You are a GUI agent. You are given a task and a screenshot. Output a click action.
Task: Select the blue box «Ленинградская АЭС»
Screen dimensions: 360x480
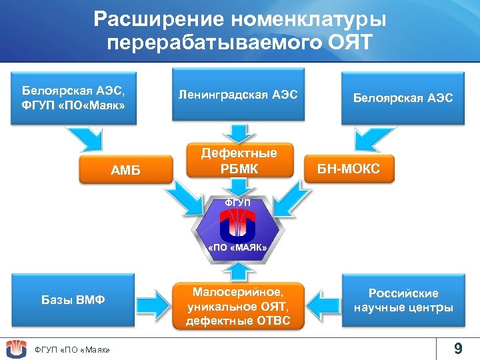coord(238,94)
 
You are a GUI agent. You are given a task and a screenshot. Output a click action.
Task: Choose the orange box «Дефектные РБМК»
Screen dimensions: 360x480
coord(239,161)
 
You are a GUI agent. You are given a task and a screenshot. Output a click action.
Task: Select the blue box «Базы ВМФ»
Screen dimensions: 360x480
coord(73,300)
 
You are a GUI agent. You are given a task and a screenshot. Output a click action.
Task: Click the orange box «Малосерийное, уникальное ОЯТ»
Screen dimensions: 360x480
coord(239,306)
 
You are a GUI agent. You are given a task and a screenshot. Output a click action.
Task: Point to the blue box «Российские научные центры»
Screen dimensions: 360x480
coord(403,301)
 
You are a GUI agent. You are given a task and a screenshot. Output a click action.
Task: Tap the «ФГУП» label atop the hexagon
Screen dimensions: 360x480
coord(238,202)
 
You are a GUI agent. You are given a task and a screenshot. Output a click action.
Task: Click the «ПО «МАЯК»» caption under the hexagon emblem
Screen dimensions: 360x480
coord(238,248)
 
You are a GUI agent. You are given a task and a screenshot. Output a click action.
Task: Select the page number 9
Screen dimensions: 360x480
coord(457,348)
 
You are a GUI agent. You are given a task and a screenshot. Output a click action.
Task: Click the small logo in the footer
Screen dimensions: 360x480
coord(16,348)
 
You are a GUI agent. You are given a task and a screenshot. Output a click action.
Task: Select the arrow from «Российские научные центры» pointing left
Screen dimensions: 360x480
coord(323,298)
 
